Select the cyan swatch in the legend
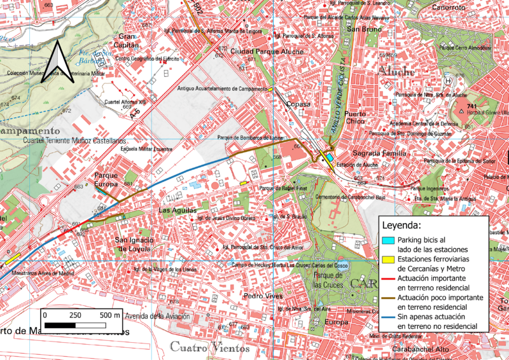coord(387,240)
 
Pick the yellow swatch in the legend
coord(387,260)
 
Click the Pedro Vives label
coord(262,296)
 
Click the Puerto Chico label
coord(355,118)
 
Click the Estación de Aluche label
coord(357,165)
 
